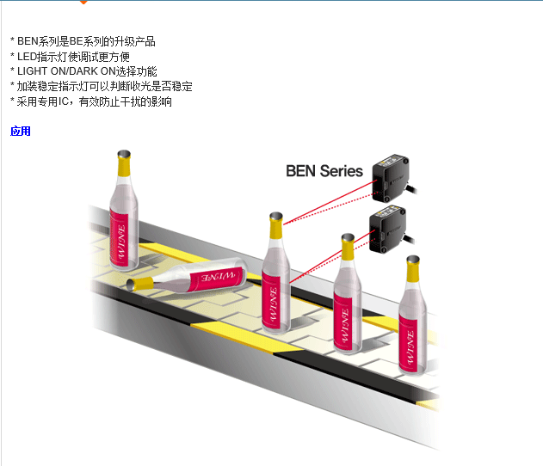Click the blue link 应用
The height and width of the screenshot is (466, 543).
tap(21, 132)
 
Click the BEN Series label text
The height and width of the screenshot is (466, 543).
tap(324, 170)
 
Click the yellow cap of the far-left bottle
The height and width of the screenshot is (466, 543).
tap(126, 163)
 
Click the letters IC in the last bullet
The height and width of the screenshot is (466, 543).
tap(65, 101)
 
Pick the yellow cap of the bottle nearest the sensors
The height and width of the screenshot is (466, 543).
tap(275, 225)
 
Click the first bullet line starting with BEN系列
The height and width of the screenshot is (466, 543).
tap(86, 41)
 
